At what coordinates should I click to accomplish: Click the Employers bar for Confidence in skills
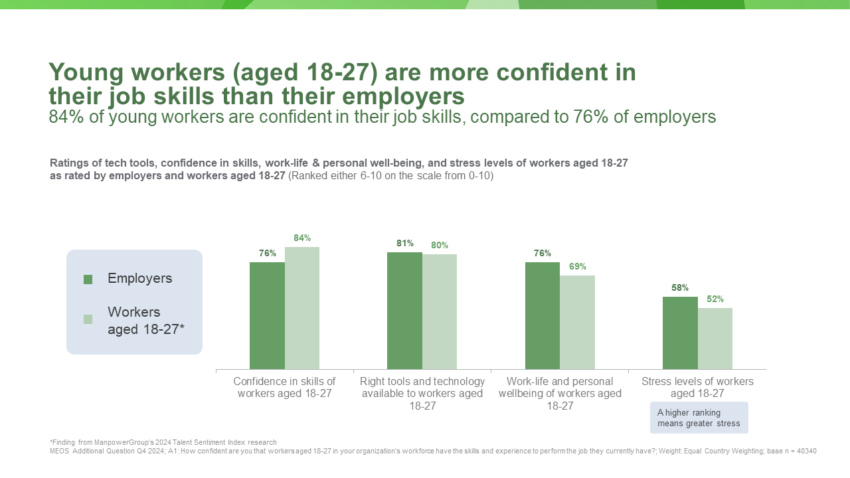pyautogui.click(x=267, y=316)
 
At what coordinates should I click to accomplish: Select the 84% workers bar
pyautogui.click(x=302, y=308)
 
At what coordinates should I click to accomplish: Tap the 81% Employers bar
pyautogui.click(x=404, y=311)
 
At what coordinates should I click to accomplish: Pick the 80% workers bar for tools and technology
pyautogui.click(x=440, y=312)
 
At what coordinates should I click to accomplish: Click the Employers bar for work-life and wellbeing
pyautogui.click(x=543, y=316)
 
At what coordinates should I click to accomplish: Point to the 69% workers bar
pyautogui.click(x=577, y=323)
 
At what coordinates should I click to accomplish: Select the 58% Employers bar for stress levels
pyautogui.click(x=680, y=333)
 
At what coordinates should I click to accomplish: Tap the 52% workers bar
pyautogui.click(x=715, y=339)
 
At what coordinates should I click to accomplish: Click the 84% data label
pyautogui.click(x=302, y=238)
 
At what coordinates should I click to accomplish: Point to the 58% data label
pyautogui.click(x=680, y=287)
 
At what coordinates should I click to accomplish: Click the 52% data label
pyautogui.click(x=715, y=299)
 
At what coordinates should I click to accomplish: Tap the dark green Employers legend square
pyautogui.click(x=88, y=279)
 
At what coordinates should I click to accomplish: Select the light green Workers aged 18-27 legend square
pyautogui.click(x=88, y=319)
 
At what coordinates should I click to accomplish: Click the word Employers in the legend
pyautogui.click(x=139, y=279)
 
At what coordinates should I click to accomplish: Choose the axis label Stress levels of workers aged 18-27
pyautogui.click(x=697, y=387)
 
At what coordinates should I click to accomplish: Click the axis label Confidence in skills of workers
pyautogui.click(x=284, y=387)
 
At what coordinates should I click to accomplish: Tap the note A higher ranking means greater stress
pyautogui.click(x=699, y=418)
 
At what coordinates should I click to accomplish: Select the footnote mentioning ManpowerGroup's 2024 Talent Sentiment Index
pyautogui.click(x=163, y=442)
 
